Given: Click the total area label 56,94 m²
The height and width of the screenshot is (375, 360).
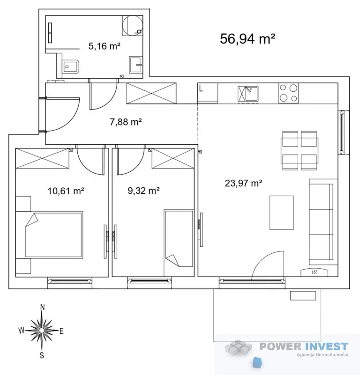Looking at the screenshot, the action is tap(247, 38).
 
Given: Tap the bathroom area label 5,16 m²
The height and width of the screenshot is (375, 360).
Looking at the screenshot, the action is tap(104, 46).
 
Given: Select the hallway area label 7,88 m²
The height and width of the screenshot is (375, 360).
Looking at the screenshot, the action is tap(126, 122).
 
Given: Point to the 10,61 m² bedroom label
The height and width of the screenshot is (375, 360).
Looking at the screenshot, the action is tap(66, 191).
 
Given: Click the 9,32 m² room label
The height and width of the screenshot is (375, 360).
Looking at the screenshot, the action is tap(144, 191).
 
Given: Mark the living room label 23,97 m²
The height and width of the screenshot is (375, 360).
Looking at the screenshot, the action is tap(243, 183).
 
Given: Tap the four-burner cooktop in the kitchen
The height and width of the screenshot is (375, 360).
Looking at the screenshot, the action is tap(288, 93).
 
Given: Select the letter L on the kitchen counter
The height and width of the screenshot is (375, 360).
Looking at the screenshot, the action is tap(201, 88).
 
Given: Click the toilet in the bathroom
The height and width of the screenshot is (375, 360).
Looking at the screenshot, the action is tap(71, 67).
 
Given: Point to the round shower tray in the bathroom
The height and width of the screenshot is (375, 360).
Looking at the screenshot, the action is tap(133, 26).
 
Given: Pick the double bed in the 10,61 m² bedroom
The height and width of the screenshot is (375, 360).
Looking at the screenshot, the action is tap(54, 235).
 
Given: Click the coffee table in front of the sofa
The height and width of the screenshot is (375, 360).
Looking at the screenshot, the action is tap(281, 213).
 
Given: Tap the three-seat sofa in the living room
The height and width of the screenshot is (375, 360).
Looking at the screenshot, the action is tap(321, 222).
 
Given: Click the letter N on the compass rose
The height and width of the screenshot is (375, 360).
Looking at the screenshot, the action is tap(42, 307).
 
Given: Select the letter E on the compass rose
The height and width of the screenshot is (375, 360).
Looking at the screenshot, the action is tap(61, 331).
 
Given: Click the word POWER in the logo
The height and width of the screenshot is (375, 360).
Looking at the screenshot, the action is tap(280, 346).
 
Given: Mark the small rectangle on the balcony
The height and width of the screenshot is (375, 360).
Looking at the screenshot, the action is tap(303, 295).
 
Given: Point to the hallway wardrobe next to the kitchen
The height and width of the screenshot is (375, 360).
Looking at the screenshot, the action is tap(151, 93).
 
